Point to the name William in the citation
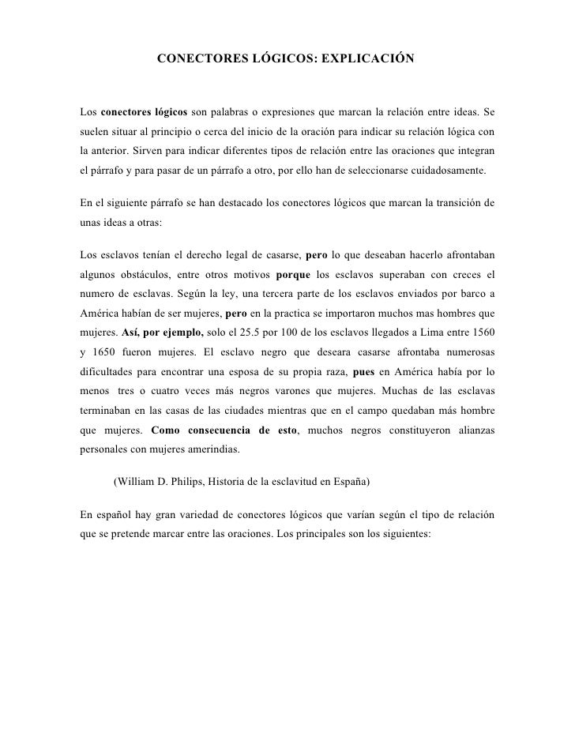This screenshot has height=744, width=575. pyautogui.click(x=138, y=480)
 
